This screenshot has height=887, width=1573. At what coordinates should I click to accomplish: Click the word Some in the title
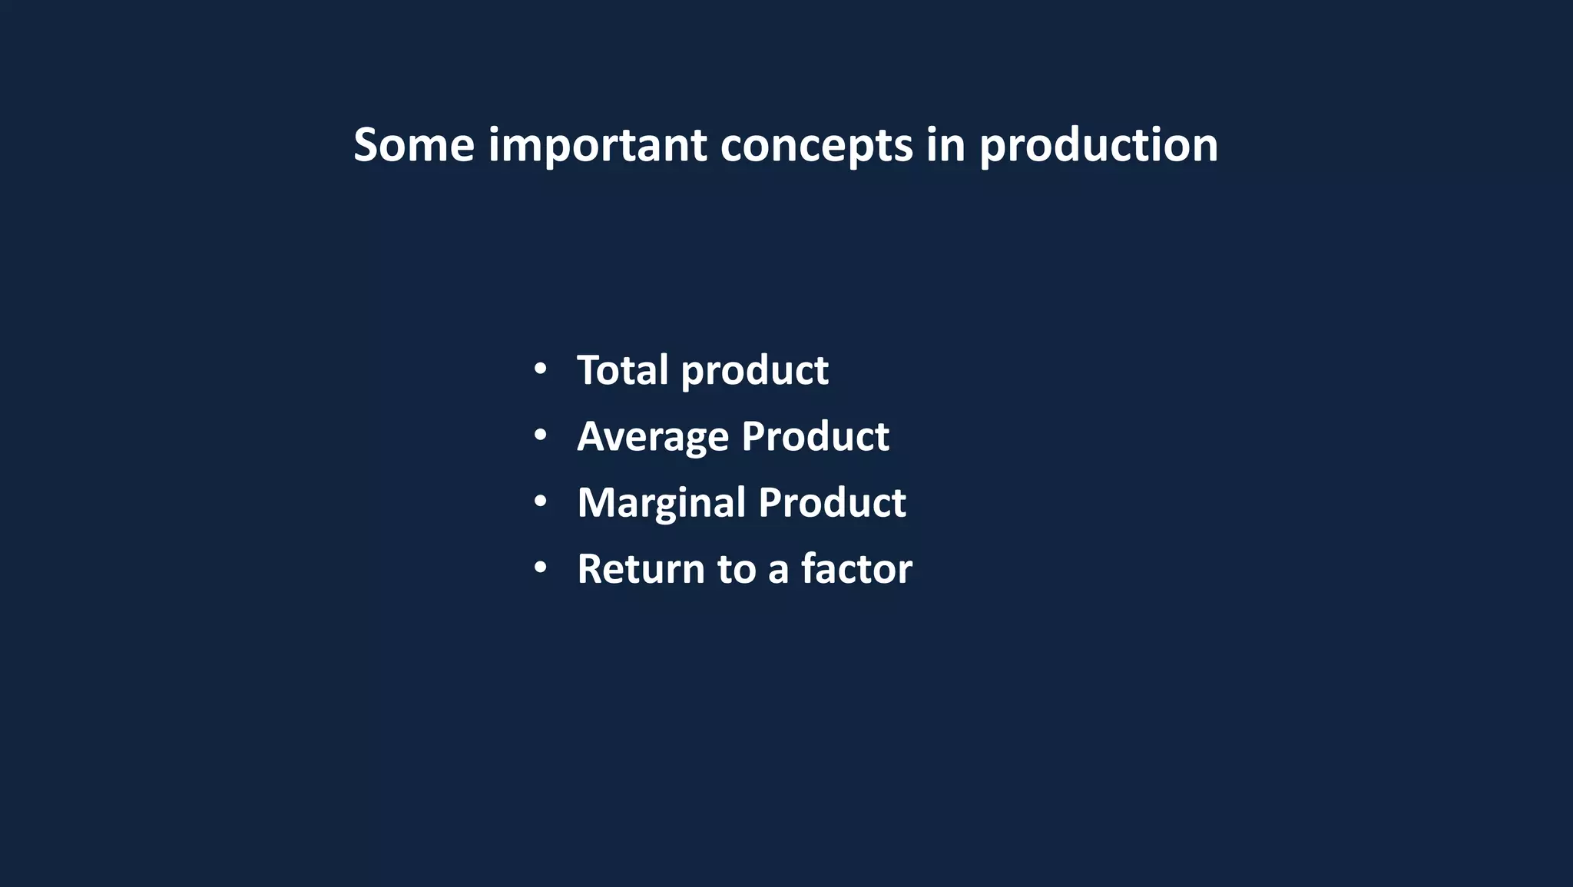(414, 145)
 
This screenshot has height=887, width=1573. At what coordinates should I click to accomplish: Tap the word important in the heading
(597, 145)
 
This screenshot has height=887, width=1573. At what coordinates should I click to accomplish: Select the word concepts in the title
(816, 145)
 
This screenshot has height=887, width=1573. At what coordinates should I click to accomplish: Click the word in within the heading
(945, 145)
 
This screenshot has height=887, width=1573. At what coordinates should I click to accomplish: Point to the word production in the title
(1098, 145)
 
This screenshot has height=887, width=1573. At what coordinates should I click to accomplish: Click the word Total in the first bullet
(622, 370)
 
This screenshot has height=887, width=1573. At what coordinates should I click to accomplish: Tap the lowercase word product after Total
(754, 370)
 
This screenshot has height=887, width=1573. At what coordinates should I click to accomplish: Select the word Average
(653, 436)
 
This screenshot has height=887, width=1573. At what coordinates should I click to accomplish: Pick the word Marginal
(661, 503)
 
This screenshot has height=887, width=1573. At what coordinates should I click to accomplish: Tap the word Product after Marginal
(832, 503)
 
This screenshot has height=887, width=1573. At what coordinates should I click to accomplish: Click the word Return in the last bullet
(641, 569)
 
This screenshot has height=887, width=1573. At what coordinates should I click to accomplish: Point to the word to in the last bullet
(737, 569)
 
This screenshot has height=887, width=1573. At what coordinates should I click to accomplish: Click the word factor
(856, 569)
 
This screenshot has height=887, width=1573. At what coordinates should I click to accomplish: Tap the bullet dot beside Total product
(540, 369)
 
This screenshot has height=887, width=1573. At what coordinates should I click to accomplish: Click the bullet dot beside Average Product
(540, 435)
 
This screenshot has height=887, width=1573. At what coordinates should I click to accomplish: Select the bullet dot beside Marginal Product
(540, 501)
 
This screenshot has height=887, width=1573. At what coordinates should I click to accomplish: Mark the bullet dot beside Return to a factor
(540, 568)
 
